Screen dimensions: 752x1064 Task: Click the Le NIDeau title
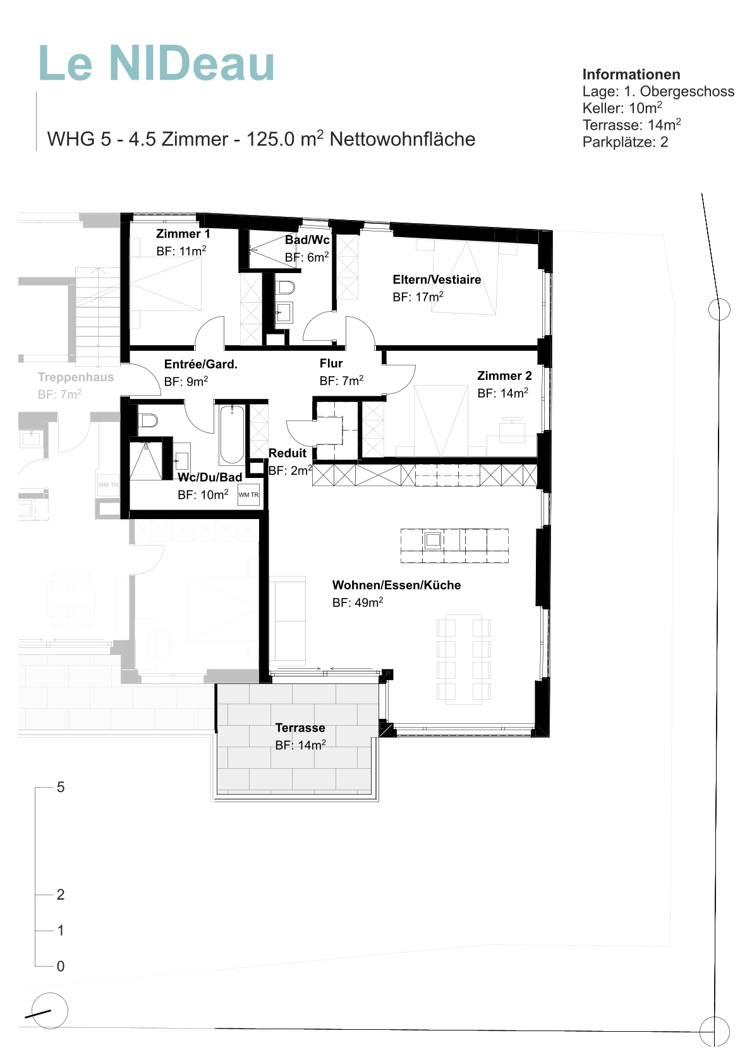157,64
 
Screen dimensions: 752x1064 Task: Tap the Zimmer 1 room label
183,234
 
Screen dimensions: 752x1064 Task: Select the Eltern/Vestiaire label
437,280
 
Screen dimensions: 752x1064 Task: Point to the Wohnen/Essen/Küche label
396,585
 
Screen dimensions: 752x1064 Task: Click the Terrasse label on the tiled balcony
300,728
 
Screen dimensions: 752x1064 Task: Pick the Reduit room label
288,453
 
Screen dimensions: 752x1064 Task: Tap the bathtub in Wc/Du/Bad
232,434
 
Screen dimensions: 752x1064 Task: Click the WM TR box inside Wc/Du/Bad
248,495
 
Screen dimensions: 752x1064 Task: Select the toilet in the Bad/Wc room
286,288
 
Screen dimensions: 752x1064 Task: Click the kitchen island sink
433,540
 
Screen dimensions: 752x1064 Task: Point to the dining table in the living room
464,658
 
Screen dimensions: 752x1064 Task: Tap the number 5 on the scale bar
60,788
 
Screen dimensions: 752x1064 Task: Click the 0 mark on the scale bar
60,966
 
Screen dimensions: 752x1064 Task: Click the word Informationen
631,75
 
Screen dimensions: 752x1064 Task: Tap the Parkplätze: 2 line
625,142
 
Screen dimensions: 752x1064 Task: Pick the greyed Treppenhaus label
76,377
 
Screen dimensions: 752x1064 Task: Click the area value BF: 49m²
358,602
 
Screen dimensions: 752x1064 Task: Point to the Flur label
331,364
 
